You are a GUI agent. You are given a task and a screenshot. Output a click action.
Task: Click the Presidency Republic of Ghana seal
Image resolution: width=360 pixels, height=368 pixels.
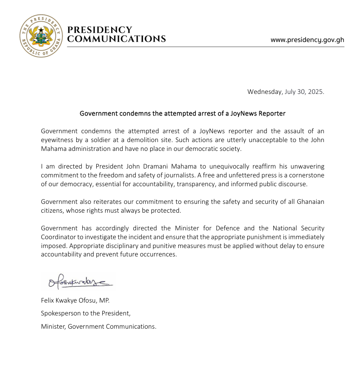point(41,36)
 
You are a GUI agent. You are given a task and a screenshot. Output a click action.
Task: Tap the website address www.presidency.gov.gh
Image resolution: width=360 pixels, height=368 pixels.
point(307,40)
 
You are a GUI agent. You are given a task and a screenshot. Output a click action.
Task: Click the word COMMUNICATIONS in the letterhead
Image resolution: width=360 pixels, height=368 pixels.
point(116,39)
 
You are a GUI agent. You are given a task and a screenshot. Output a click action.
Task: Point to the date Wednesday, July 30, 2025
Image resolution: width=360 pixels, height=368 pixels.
point(285,91)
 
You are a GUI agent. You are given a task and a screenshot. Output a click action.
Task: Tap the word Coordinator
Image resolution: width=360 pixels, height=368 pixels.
point(58,237)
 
